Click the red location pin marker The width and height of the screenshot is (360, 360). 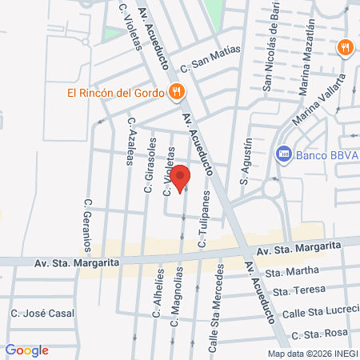click(x=181, y=178)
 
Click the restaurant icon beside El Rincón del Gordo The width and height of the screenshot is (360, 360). click(x=175, y=91)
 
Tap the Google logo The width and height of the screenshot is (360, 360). click(x=26, y=350)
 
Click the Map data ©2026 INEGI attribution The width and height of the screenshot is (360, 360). click(x=312, y=354)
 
